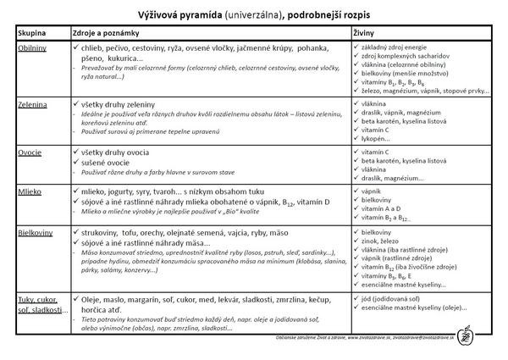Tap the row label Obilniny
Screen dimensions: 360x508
[33, 48]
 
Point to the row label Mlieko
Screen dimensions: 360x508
[30, 191]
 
